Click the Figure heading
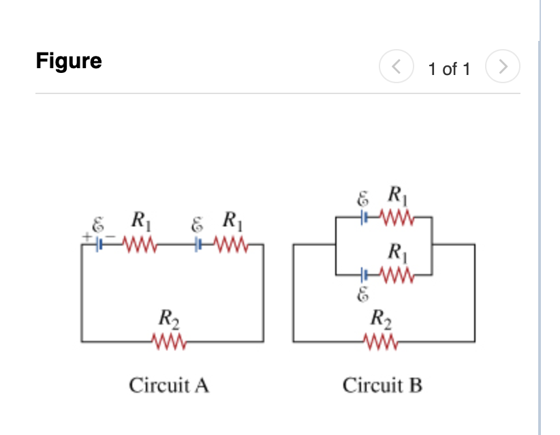tap(69, 61)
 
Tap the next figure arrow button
tap(503, 67)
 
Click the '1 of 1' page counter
tap(449, 69)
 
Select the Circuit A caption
tap(169, 386)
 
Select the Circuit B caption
tap(382, 386)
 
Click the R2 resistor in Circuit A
tap(170, 340)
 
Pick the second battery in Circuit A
tap(199, 243)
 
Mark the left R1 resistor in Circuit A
tap(140, 243)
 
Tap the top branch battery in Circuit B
tap(365, 219)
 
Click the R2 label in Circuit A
tap(166, 318)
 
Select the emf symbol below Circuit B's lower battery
tap(363, 295)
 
